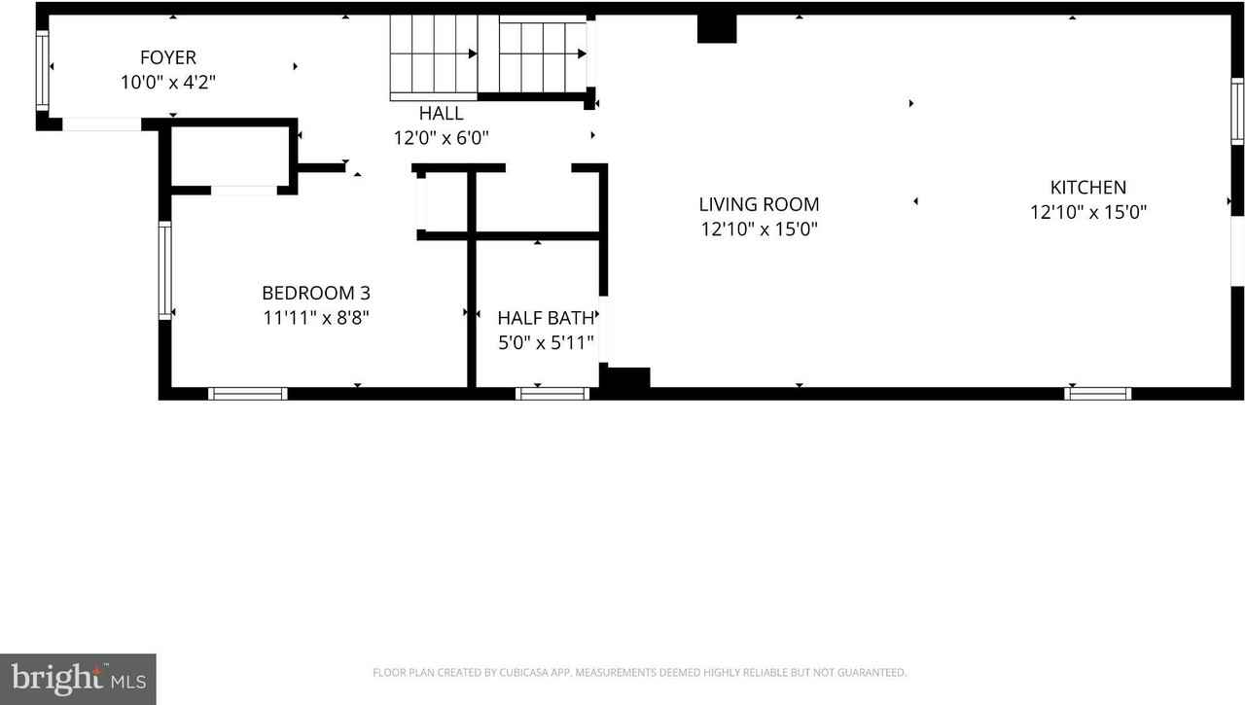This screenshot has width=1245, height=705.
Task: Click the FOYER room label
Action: point(167,58)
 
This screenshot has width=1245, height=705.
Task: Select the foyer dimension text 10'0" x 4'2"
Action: point(167,83)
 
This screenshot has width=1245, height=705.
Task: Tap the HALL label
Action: point(441,114)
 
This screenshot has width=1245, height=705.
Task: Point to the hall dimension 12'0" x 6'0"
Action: point(441,138)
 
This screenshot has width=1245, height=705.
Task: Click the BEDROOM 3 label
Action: point(315,293)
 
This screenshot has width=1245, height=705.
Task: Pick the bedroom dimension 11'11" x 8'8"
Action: point(315,317)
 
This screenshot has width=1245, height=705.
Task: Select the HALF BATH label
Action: point(546,318)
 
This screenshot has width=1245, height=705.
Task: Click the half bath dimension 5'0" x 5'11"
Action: point(546,342)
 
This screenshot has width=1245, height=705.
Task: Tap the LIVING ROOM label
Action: point(759,204)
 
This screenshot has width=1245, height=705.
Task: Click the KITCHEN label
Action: point(1087,188)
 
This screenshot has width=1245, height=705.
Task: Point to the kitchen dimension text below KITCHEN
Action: point(1087,212)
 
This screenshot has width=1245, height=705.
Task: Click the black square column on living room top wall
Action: point(717,29)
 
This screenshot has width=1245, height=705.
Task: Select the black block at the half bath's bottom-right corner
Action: point(625,379)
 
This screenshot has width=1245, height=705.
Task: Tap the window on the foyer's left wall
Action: point(42,70)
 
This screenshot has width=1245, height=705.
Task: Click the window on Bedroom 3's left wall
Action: point(165,270)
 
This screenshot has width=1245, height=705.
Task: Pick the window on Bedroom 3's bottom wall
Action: point(248,394)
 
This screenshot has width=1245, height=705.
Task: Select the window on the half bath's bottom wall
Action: point(552,394)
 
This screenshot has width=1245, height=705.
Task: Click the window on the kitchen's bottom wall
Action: point(1097,394)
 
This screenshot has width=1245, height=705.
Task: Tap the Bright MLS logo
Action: point(78,679)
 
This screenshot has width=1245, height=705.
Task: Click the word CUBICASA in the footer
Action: point(526,672)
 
